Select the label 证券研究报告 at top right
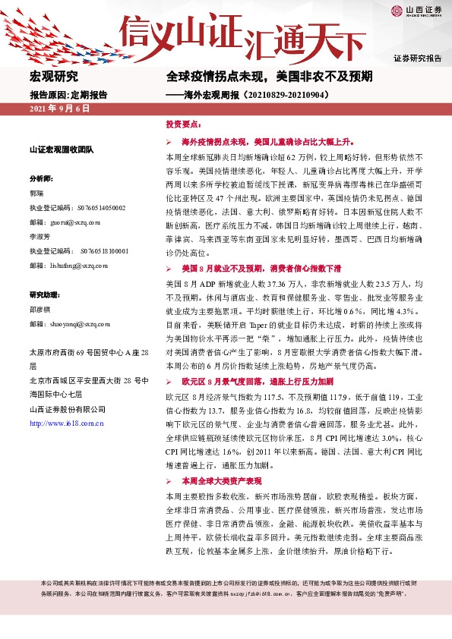click(x=416, y=58)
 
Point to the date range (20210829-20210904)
click(x=274, y=95)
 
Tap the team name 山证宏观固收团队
click(x=61, y=150)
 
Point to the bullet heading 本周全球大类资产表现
click(x=221, y=482)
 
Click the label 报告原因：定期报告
click(x=68, y=95)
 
